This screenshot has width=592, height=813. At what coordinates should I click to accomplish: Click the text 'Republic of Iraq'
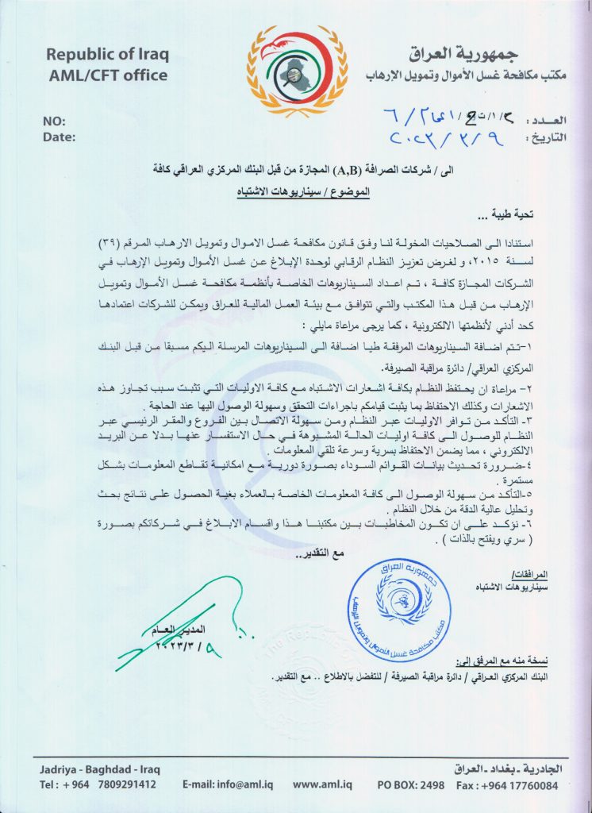106,55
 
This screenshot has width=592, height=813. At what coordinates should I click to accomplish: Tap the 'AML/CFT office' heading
106,75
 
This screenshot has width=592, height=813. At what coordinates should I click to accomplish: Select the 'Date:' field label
59,137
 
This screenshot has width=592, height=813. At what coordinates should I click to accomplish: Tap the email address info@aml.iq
228,785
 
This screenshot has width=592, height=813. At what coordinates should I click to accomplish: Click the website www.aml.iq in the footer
322,785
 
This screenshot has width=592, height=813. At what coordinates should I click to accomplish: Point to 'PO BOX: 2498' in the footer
411,785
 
